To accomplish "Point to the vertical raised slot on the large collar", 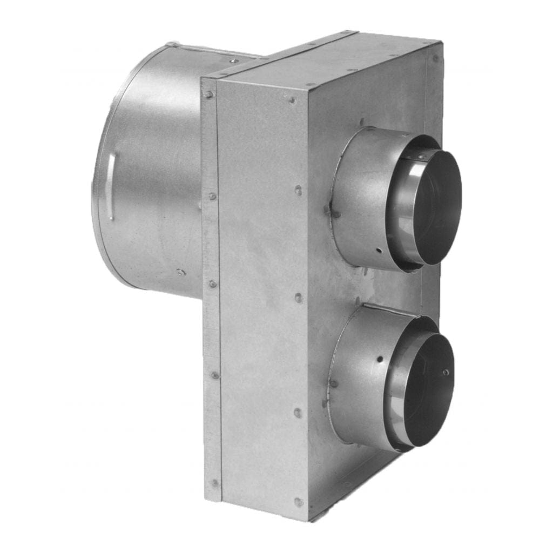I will coord(111,186).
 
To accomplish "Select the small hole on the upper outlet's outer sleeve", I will coord(379,251).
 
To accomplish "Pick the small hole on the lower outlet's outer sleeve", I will coord(380,359).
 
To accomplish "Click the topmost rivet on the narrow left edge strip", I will coord(209,95).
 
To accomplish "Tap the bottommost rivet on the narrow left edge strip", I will coord(214,482).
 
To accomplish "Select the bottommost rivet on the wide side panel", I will coord(297,501).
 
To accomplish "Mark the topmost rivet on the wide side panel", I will coord(292,100).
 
